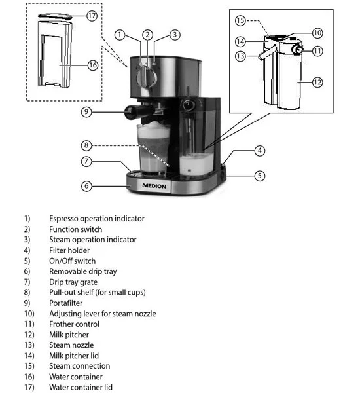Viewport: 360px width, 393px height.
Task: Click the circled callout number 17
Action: coord(92,16)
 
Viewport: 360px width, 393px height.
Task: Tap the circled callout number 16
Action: coord(92,65)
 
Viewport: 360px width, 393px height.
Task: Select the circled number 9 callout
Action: coord(86,112)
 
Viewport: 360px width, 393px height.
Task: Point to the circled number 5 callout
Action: coord(260,176)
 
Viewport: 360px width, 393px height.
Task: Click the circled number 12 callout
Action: coord(317,83)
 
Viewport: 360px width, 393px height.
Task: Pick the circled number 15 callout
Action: coord(240,20)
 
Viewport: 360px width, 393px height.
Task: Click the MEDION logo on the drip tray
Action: coord(154,186)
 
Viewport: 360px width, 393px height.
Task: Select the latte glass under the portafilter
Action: coord(153,149)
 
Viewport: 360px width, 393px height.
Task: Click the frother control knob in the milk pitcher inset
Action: coord(298,50)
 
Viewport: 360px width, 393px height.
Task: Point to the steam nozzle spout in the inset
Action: coord(267,52)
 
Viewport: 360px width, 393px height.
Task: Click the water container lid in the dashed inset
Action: coord(56,16)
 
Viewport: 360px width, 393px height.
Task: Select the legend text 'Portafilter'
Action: coord(66,303)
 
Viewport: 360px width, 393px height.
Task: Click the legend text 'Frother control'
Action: coord(74,324)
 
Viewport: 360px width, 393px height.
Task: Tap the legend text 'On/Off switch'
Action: coord(73,261)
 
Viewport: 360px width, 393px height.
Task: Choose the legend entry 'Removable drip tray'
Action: coord(83,271)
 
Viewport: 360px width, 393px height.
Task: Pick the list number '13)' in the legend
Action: coord(29,345)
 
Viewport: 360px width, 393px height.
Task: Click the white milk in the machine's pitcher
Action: coord(196,164)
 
